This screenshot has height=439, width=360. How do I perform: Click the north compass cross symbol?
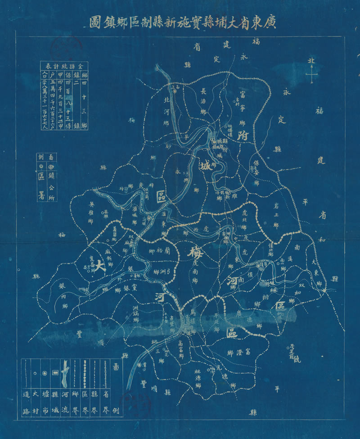pos(311,74)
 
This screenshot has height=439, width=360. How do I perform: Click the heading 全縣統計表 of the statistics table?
pos(66,64)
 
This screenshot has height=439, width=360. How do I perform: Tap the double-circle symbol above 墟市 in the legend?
pos(44,373)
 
